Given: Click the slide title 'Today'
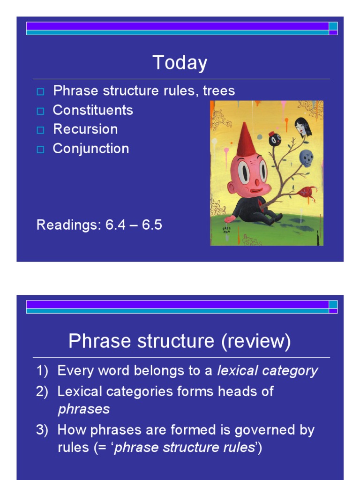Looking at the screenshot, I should tap(180, 63).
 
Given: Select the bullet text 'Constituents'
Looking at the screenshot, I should tap(93, 110).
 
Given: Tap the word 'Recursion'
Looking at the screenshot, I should tap(85, 129).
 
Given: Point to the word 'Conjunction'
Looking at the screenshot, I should tap(91, 149).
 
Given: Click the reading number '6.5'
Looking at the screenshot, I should tap(152, 225).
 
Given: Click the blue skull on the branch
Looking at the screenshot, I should tap(306, 158).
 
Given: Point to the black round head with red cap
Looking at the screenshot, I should tap(275, 139).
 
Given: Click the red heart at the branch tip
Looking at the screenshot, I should tap(307, 192).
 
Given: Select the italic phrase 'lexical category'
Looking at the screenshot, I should tap(267, 371).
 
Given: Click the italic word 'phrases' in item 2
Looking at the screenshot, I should tap(83, 409).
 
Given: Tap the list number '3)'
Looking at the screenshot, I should tap(42, 430).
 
